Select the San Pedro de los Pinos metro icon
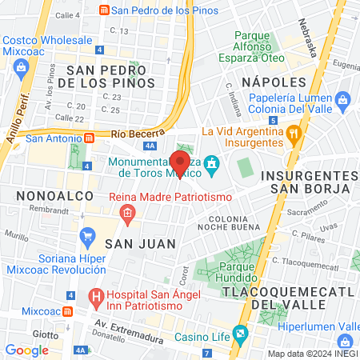tap(102, 10)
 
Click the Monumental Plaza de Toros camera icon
tap(211, 166)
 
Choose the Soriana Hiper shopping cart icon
tap(88, 238)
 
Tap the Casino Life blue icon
tap(239, 334)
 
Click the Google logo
tap(26, 350)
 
